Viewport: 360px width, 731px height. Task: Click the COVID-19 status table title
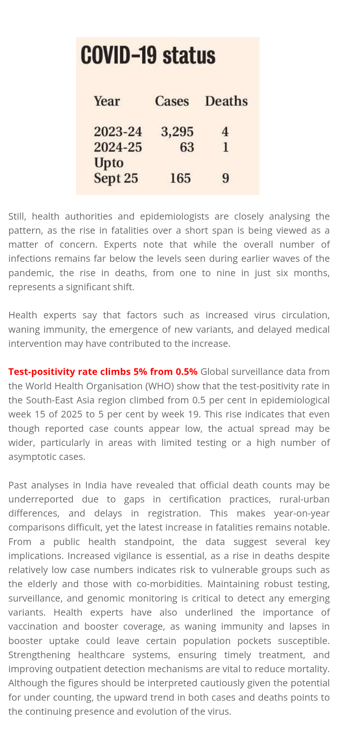(x=148, y=56)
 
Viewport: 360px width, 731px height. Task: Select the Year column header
(x=107, y=101)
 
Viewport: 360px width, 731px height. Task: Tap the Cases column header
(x=172, y=101)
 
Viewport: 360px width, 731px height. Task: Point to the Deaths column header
(x=226, y=101)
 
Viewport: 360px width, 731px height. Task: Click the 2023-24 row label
(x=118, y=132)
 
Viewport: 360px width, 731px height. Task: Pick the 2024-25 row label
(x=118, y=147)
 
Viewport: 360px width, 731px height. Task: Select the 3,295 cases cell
(x=177, y=132)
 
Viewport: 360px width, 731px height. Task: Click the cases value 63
(x=187, y=147)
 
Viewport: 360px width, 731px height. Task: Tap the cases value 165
(x=180, y=178)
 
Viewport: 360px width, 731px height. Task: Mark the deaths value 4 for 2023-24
(x=225, y=132)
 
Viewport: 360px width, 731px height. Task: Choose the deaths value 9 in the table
(x=225, y=178)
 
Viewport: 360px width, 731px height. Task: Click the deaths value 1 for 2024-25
(x=225, y=147)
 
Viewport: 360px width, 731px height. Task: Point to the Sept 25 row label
(x=116, y=178)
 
